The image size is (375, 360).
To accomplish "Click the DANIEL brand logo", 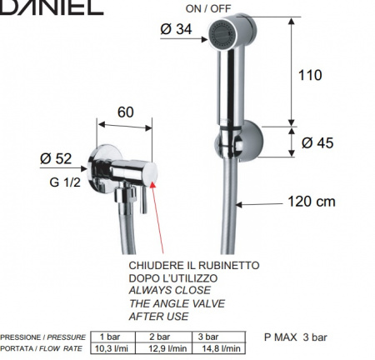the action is tap(52, 7).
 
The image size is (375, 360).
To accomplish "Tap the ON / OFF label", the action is tap(208, 8).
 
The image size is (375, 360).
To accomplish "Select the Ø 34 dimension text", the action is tap(176, 29).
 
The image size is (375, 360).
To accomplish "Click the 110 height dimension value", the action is tap(310, 75).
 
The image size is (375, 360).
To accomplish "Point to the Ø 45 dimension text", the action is tap(317, 142).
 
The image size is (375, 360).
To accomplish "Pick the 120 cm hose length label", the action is tap(312, 202).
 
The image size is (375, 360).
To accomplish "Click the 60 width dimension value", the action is tap(126, 112).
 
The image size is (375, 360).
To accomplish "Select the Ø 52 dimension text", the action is tap(56, 158).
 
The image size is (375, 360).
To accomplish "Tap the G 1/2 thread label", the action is tap(65, 182).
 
